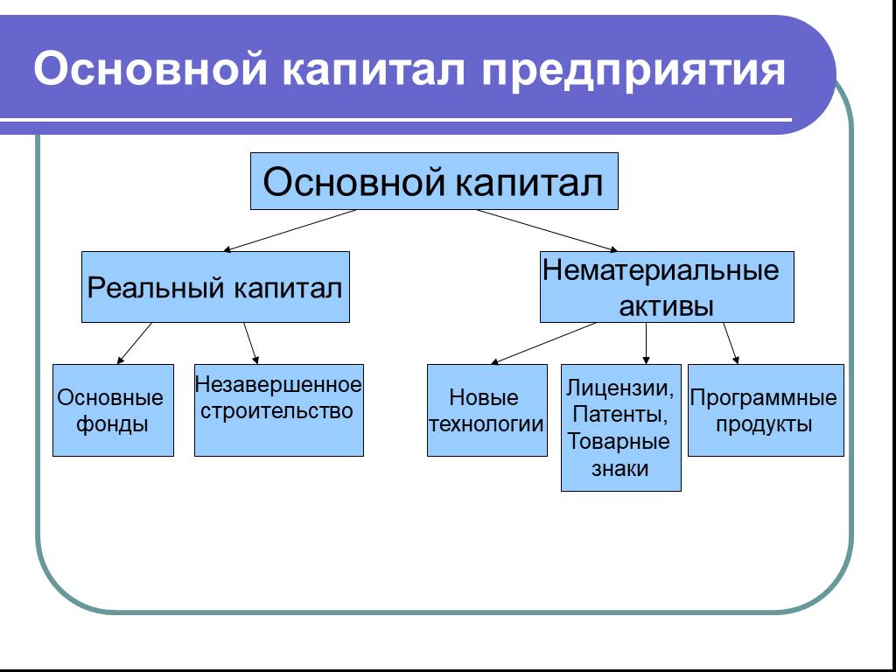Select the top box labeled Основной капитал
434,182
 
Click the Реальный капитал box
215,288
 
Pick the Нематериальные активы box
666,287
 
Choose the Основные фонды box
112,410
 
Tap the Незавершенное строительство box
278,410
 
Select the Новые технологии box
486,410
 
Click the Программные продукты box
765,410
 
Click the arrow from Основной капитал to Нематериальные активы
547,231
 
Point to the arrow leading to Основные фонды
134,343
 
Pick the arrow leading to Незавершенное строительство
251,343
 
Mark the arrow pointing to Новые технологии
542,343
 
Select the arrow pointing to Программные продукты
731,343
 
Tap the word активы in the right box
666,306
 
